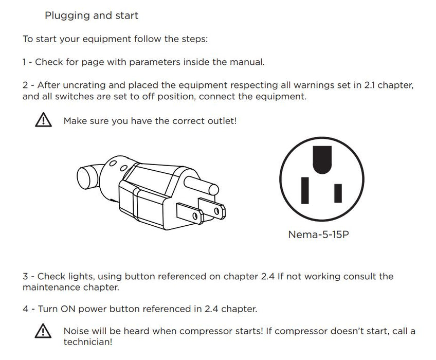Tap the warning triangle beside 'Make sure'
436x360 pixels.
(x=43, y=120)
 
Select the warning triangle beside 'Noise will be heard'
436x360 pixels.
(x=43, y=331)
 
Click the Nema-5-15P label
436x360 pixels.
(x=318, y=235)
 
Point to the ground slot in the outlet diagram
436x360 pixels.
(x=322, y=160)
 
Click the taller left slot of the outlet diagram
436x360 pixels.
(x=305, y=191)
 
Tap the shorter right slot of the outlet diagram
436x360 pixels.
(x=338, y=193)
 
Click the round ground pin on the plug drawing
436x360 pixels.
(x=201, y=186)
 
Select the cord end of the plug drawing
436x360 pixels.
(x=87, y=177)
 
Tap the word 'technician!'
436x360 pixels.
(x=88, y=342)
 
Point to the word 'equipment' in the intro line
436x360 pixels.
(x=107, y=39)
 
